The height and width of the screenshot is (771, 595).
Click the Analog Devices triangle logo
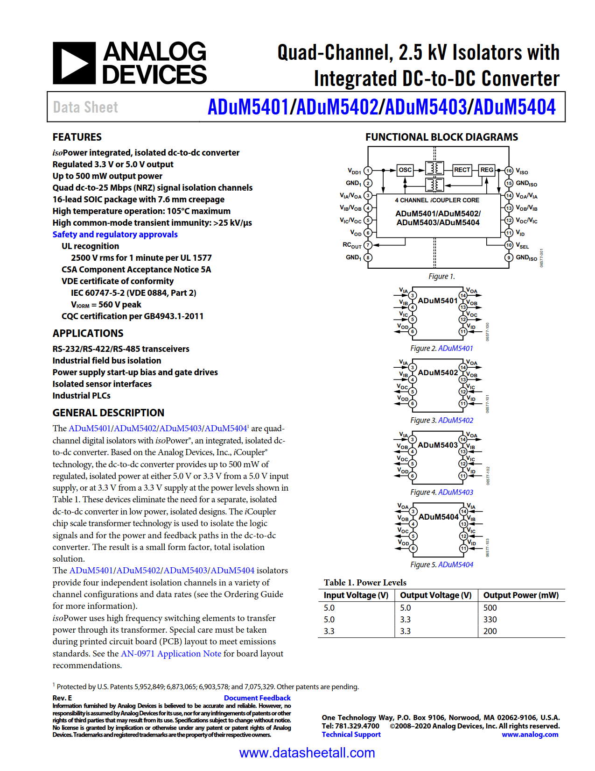point(74,63)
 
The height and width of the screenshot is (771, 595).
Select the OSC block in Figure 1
point(405,170)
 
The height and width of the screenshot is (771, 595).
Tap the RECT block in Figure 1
point(462,170)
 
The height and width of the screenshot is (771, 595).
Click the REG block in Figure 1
point(487,170)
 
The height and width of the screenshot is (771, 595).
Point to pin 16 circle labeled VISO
point(509,171)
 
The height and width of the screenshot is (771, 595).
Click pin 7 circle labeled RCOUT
point(368,245)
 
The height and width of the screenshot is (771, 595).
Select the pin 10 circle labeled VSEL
point(509,245)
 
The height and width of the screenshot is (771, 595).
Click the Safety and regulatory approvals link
point(115,235)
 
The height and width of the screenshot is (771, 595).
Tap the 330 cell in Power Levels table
point(490,620)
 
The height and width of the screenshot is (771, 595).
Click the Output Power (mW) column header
point(521,595)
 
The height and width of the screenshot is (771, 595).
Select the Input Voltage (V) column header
point(356,595)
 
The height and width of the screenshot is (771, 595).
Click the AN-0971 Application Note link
point(171,654)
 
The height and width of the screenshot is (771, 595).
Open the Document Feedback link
point(257,698)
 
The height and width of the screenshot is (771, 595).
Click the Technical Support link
point(351,735)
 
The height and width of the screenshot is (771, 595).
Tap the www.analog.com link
point(530,735)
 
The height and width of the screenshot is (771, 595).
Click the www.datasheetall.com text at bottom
point(307,753)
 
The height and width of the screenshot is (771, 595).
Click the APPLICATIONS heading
point(88,334)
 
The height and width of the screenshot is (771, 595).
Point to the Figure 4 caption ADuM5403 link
point(455,493)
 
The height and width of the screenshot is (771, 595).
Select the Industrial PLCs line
point(82,396)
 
